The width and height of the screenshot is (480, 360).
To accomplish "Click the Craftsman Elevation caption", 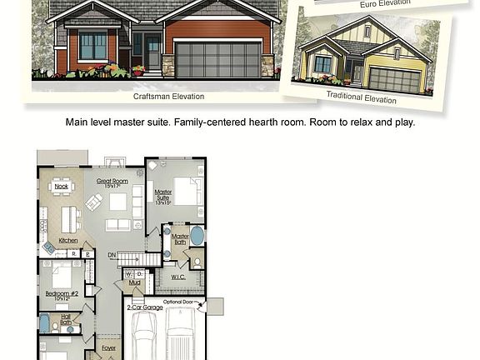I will point(169,97).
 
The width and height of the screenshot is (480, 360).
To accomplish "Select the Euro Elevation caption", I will point(385,4).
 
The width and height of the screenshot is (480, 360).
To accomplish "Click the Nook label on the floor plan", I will point(62,187).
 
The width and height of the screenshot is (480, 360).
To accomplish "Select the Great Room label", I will point(111,181).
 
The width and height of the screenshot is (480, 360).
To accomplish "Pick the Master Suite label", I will point(163,196).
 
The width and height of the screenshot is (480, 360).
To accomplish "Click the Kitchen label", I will point(68,241).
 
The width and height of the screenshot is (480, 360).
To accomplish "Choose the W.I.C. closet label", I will point(178,276).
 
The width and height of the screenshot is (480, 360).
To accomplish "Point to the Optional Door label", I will point(179,302).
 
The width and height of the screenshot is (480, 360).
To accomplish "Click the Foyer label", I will point(109,347).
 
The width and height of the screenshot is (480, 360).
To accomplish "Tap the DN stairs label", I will point(112,255).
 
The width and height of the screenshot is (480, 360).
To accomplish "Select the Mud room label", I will point(134,282).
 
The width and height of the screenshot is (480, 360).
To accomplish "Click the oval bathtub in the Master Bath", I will point(197,235).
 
